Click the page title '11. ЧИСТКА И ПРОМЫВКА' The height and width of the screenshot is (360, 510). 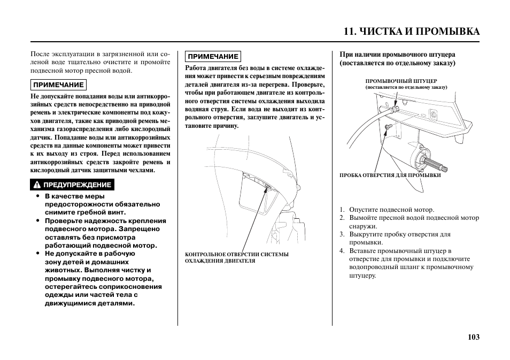pyautogui.click(x=412, y=31)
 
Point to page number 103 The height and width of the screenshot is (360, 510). pyautogui.click(x=473, y=336)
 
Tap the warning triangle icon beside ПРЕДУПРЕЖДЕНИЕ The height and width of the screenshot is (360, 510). pyautogui.click(x=37, y=185)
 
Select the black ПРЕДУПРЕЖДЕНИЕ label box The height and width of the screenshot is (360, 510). pyautogui.click(x=72, y=185)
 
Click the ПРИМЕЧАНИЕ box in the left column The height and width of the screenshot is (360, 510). pyautogui.click(x=58, y=85)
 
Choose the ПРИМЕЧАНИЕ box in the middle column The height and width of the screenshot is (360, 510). pyautogui.click(x=213, y=56)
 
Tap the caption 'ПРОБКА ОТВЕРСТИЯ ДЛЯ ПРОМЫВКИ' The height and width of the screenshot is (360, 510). pyautogui.click(x=390, y=175)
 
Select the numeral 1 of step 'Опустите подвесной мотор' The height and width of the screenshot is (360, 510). pyautogui.click(x=342, y=210)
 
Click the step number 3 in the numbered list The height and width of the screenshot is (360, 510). pyautogui.click(x=342, y=234)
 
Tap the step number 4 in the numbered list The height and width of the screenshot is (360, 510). pyautogui.click(x=342, y=250)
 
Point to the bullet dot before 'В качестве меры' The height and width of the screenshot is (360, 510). pyautogui.click(x=38, y=196)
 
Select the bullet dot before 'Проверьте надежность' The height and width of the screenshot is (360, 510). pyautogui.click(x=38, y=221)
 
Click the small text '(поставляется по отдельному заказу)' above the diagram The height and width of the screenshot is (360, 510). pyautogui.click(x=406, y=87)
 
